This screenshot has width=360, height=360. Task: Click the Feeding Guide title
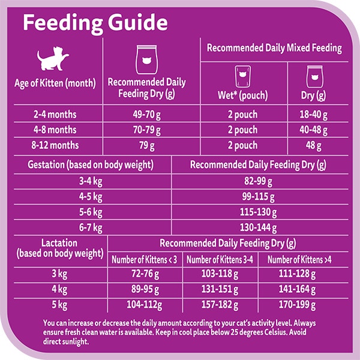(95, 23)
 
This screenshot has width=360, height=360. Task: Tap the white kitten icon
(53, 58)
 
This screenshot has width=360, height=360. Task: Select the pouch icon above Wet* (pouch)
(242, 75)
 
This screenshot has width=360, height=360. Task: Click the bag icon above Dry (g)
(313, 76)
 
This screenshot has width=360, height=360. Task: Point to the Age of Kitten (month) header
(55, 84)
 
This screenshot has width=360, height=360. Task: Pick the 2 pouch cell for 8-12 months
(242, 146)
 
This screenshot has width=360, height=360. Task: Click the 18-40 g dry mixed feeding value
(313, 115)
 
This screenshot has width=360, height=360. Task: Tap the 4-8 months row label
(55, 130)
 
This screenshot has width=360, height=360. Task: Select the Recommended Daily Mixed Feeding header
(274, 48)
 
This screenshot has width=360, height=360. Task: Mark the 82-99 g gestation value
(258, 181)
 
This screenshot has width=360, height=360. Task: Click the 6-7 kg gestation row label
(91, 227)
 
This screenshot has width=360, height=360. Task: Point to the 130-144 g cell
(258, 227)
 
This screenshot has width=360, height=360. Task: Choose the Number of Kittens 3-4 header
(220, 260)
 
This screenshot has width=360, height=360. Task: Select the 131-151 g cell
(220, 289)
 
